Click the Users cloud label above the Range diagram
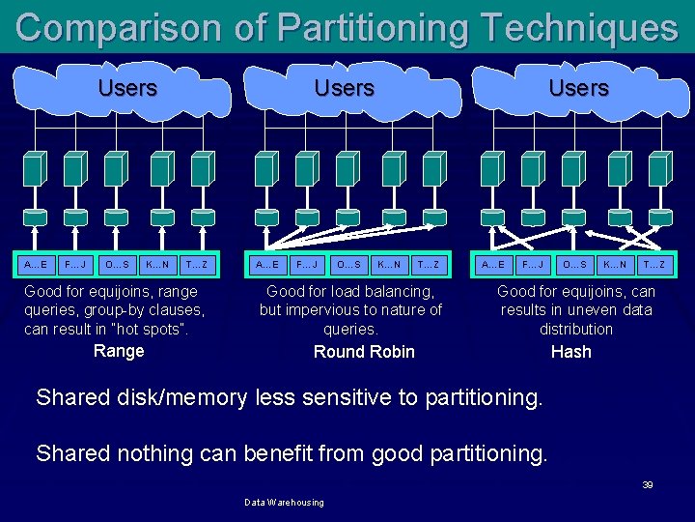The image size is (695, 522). point(127,88)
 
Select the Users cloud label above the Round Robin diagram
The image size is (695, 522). point(344,88)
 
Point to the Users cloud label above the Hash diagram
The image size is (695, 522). point(578,88)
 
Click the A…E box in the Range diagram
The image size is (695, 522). point(36,264)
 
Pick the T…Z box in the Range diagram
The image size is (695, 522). point(197,264)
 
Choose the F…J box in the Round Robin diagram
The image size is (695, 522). point(306,264)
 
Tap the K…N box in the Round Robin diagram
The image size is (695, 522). point(388,264)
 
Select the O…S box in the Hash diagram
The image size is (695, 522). point(575,264)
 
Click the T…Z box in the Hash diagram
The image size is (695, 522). point(654,264)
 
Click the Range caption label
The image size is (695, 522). point(119,351)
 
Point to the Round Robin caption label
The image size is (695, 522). point(364,352)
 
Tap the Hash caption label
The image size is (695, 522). point(570,352)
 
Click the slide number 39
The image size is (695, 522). point(648,484)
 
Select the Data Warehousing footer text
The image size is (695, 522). point(284,503)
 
